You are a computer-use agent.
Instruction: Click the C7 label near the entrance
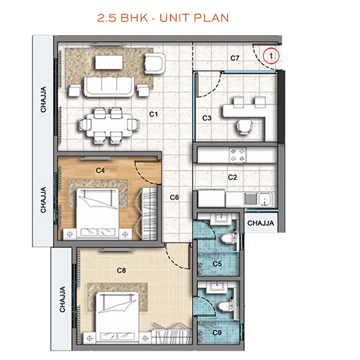(235, 58)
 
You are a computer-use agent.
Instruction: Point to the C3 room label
(207, 118)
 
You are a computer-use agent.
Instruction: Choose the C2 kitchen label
(233, 178)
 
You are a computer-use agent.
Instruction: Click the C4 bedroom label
(100, 169)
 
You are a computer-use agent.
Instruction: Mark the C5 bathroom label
(217, 263)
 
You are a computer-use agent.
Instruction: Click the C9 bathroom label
(217, 333)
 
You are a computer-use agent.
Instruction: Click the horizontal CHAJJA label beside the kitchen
(261, 223)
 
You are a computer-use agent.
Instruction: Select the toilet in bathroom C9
(225, 307)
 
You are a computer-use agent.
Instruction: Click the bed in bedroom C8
(116, 309)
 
